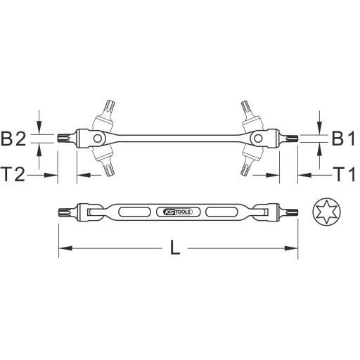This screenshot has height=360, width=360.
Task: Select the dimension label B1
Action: click(x=342, y=139)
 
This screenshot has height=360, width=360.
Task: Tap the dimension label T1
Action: click(x=342, y=173)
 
